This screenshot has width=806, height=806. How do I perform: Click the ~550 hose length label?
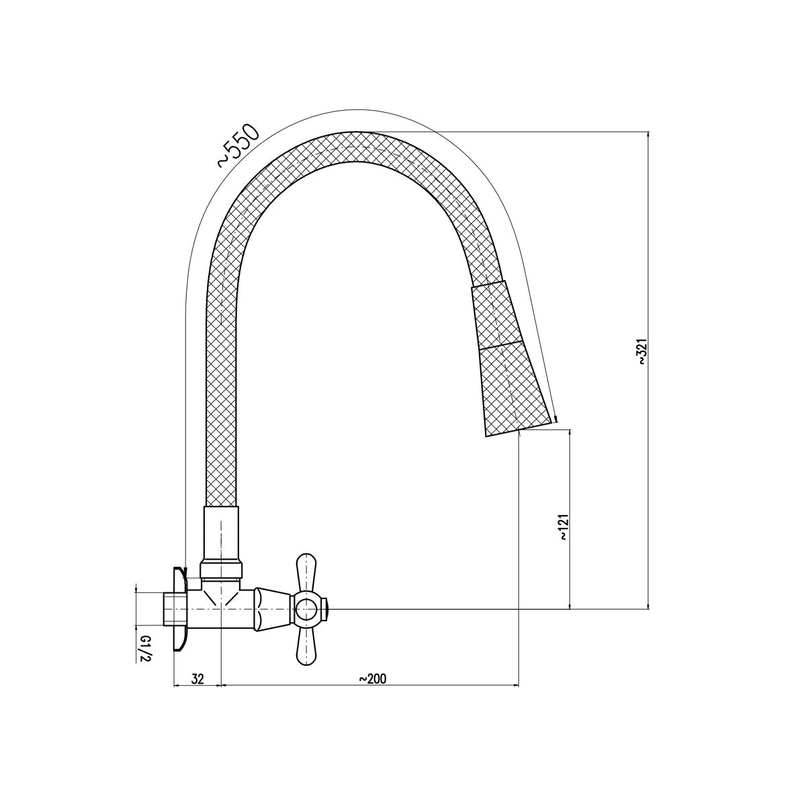pyautogui.click(x=238, y=145)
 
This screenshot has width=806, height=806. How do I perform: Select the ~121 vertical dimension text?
pyautogui.click(x=564, y=529)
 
